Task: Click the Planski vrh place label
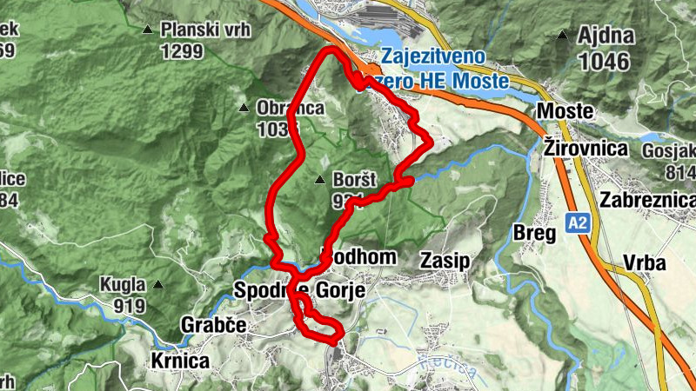[x=205, y=30]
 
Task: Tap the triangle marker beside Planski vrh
[x=147, y=30]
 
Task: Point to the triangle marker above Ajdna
[x=564, y=36]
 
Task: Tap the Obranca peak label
[x=291, y=109]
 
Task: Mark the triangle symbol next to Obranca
[x=244, y=109]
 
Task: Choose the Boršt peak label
[x=355, y=181]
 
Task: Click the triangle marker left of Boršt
[x=320, y=181]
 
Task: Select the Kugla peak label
[x=123, y=284]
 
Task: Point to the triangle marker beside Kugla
[x=158, y=284]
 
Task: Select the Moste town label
[x=565, y=111]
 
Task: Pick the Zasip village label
[x=445, y=259]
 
